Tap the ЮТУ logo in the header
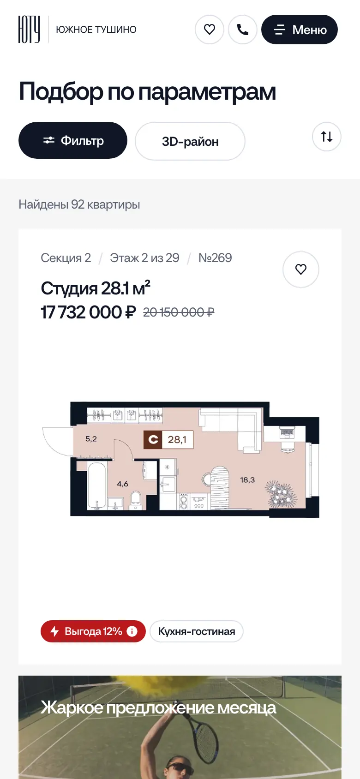(29, 29)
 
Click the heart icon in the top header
(210, 30)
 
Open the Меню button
(300, 30)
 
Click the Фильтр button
(73, 140)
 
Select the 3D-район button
(190, 142)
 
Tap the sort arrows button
(327, 137)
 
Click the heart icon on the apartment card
(301, 270)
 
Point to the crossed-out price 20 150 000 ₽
(179, 312)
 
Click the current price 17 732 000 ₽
(88, 312)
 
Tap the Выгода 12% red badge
(93, 631)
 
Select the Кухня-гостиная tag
(197, 631)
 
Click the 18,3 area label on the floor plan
(247, 480)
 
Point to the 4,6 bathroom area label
(122, 484)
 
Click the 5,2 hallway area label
(91, 439)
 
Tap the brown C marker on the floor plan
(153, 440)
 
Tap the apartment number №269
(215, 258)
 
